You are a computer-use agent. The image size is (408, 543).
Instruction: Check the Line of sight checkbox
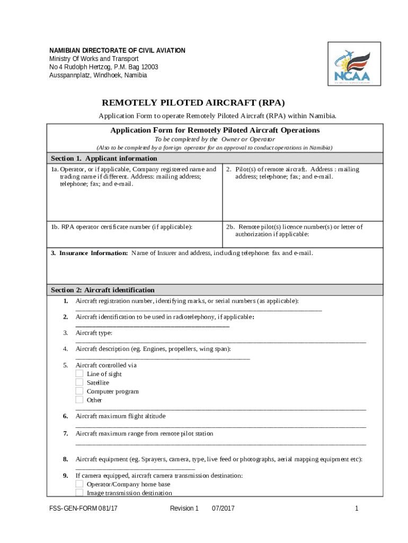[79, 374]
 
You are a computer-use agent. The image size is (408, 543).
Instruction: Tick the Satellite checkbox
[79, 382]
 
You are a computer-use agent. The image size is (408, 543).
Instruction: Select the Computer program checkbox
[79, 391]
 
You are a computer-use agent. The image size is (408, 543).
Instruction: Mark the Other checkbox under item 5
[79, 400]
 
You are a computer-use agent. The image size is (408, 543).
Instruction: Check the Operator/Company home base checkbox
[79, 484]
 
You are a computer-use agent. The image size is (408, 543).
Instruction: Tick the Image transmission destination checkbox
[79, 493]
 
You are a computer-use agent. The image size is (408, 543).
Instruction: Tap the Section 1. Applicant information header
[104, 158]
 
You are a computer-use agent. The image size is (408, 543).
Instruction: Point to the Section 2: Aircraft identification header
[103, 290]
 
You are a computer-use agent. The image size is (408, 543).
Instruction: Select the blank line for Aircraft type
[220, 341]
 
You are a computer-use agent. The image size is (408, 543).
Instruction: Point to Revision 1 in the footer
[184, 509]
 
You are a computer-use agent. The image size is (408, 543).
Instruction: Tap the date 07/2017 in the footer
[223, 509]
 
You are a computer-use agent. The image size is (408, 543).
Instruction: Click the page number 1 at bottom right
[357, 509]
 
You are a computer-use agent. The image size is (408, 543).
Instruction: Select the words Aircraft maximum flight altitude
[120, 416]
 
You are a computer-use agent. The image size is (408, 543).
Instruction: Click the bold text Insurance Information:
[89, 253]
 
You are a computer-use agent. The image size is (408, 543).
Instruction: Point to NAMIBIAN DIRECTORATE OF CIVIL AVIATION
[117, 50]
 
